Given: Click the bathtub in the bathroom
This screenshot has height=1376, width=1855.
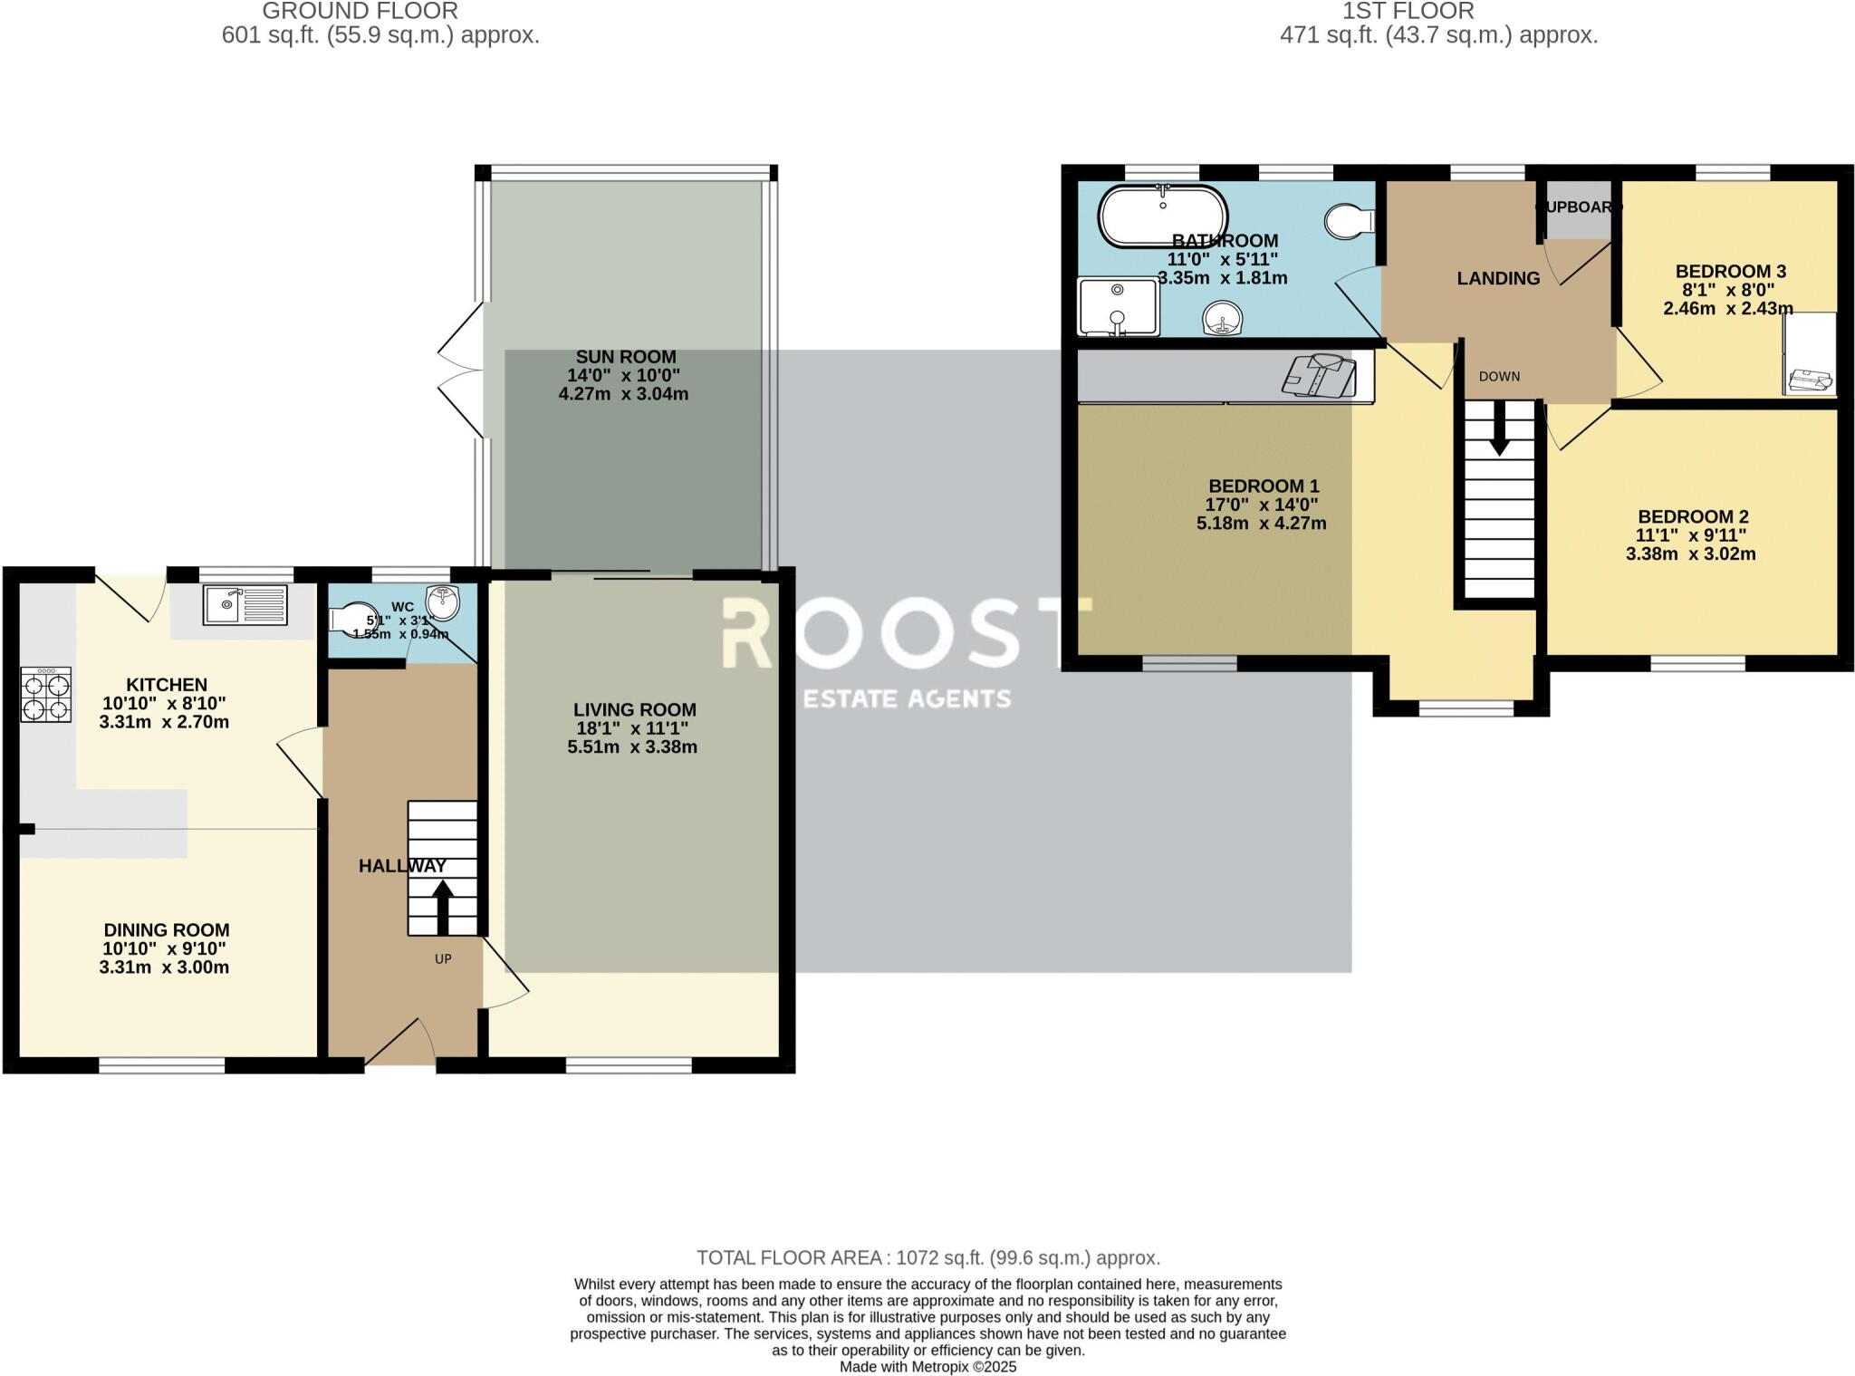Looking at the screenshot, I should [1162, 216].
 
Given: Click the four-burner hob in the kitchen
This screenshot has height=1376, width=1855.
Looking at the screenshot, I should [45, 695].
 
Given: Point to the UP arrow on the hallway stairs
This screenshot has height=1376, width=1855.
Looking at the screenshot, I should [443, 907].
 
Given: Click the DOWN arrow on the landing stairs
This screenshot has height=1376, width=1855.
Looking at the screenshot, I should [1499, 428].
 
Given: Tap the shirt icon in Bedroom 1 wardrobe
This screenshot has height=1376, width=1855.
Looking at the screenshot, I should [1319, 375].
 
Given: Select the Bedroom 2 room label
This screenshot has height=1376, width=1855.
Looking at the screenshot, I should [1692, 516].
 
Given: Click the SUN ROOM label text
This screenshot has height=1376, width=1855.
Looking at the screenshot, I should [626, 357].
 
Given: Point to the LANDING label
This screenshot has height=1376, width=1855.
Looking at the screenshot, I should [1498, 278].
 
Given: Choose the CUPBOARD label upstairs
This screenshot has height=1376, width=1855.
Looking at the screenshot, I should [1579, 207].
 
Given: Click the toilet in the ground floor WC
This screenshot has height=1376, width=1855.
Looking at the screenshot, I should [353, 618].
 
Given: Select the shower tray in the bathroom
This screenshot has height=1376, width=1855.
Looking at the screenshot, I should [1118, 306].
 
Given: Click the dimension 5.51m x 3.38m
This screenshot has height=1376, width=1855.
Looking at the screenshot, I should [632, 747].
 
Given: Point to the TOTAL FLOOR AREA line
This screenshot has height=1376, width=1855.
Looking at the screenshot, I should [927, 1257].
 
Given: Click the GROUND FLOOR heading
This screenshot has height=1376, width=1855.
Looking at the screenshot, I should [360, 12].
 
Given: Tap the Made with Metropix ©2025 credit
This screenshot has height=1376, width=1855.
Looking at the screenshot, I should [927, 1367].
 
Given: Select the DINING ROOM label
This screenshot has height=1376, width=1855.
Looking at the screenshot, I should [167, 929].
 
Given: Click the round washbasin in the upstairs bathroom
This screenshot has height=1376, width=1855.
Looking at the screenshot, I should [1223, 319].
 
